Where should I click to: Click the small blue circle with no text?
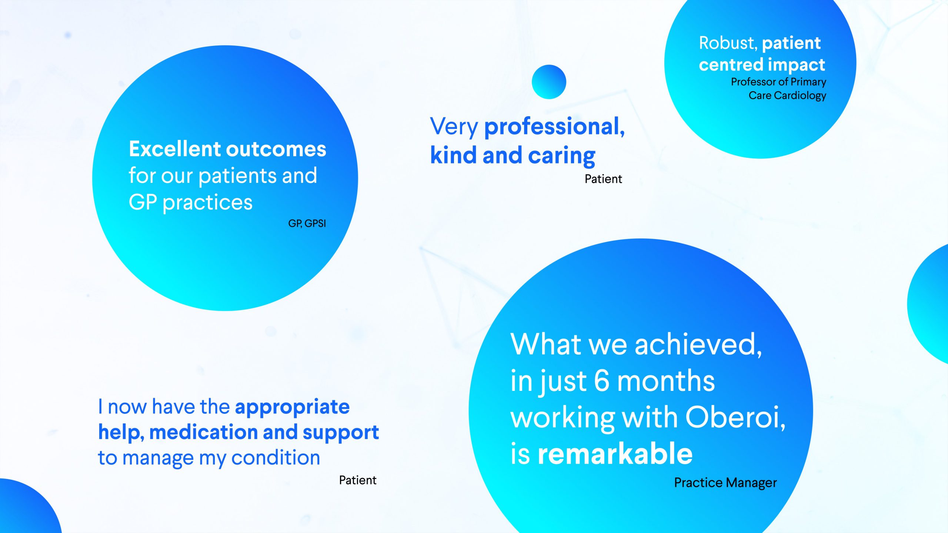(549, 82)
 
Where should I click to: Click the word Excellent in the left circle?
(175, 149)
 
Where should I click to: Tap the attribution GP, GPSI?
(307, 224)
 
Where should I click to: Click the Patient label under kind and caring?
(603, 179)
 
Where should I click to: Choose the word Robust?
(728, 43)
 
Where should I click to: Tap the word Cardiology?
(800, 95)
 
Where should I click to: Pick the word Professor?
(753, 81)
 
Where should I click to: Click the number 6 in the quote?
(601, 381)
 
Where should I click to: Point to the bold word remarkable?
(615, 454)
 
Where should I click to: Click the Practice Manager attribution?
(725, 483)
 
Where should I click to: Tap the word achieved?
(698, 345)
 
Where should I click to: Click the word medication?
(203, 432)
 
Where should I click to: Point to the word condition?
(276, 457)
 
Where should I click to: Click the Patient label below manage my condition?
(358, 480)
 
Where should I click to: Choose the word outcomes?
(276, 150)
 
